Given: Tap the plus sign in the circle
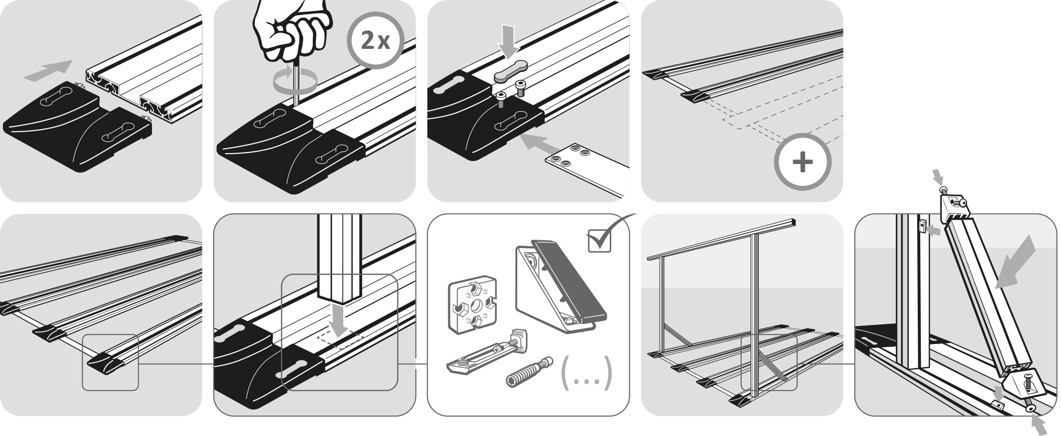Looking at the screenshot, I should (x=802, y=162).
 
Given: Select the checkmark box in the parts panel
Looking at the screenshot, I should (x=599, y=240).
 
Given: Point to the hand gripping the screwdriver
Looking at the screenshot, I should (x=292, y=29).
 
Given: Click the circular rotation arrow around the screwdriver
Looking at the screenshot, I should (x=293, y=81).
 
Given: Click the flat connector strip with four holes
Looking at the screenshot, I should (x=587, y=169).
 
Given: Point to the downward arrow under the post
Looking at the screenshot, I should (x=339, y=319).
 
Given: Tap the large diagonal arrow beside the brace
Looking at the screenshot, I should (x=1015, y=262).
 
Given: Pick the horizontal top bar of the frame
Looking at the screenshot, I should (x=721, y=240).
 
